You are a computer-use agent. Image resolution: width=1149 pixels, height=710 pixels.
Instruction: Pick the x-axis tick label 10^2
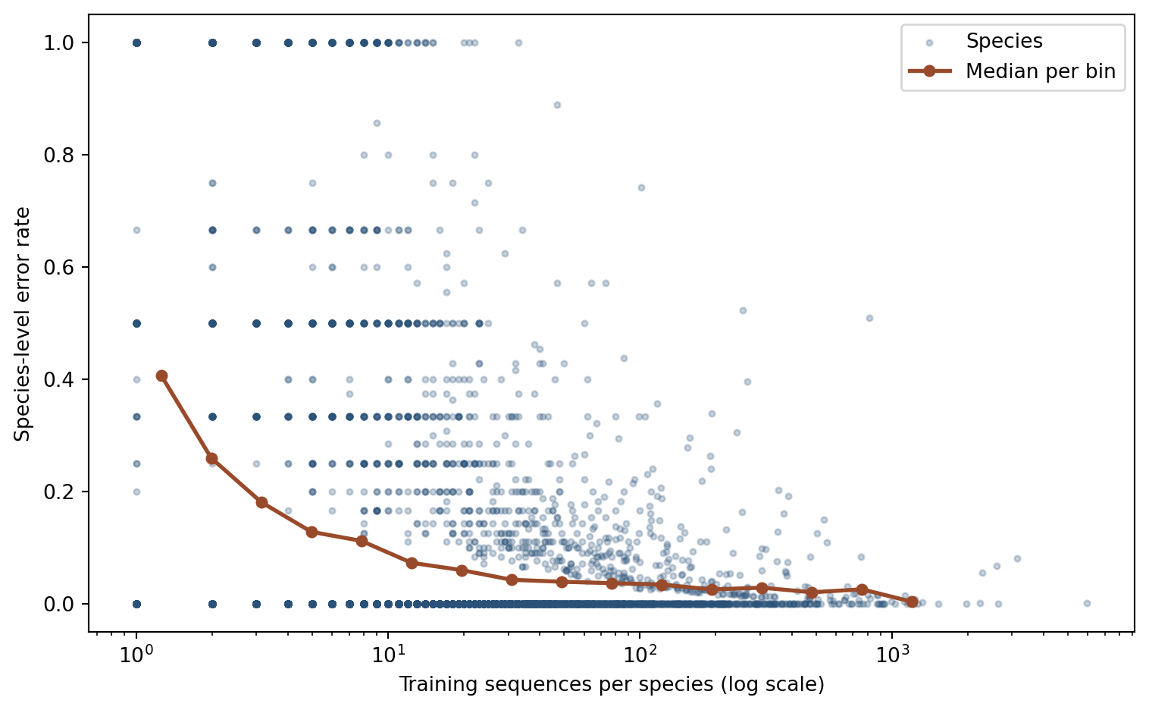tap(640, 654)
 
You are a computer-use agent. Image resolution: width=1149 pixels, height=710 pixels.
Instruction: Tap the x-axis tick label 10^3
tap(892, 654)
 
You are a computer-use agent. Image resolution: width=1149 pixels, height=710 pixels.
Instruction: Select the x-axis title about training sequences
tap(611, 685)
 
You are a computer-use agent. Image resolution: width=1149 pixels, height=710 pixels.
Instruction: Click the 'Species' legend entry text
tap(1004, 42)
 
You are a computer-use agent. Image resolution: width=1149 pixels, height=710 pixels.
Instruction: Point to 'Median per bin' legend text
tap(1040, 72)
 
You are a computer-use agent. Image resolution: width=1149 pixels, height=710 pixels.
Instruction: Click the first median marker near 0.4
tap(161, 375)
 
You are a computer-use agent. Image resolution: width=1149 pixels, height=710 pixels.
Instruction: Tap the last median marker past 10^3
tap(912, 602)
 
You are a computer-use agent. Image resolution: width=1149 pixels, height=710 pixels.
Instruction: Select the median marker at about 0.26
tap(212, 458)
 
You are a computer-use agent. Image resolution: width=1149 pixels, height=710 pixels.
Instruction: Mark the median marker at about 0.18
tap(261, 502)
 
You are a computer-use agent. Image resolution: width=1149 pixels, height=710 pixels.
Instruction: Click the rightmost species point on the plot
tap(1087, 603)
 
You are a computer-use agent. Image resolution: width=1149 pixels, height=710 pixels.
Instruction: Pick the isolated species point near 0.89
tap(557, 105)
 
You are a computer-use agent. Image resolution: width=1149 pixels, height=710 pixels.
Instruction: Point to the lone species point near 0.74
tap(641, 187)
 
